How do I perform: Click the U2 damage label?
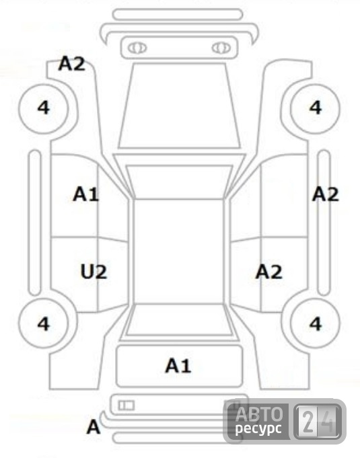point(94,272)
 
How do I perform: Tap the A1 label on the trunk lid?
point(178,365)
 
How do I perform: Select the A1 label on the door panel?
point(86,194)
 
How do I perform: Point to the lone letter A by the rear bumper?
point(94,427)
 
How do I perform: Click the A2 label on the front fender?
point(72,63)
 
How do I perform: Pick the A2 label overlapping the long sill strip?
point(326,194)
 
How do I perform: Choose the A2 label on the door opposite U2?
point(269,272)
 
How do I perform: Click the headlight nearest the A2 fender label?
point(137,48)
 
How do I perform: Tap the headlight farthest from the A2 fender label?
point(221,48)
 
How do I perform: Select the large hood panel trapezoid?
point(179,106)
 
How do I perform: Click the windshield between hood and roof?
point(179,182)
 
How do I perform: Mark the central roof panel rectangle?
point(178,252)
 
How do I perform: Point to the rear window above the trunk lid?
point(178,320)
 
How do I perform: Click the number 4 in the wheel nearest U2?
point(44,323)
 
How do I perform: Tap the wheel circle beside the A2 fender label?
point(44,109)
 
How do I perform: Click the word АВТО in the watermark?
point(259,414)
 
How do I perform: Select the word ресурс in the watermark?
point(258,429)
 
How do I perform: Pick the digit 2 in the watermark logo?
point(308,422)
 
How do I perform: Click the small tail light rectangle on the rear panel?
point(127,405)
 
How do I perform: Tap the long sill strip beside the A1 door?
point(35,223)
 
